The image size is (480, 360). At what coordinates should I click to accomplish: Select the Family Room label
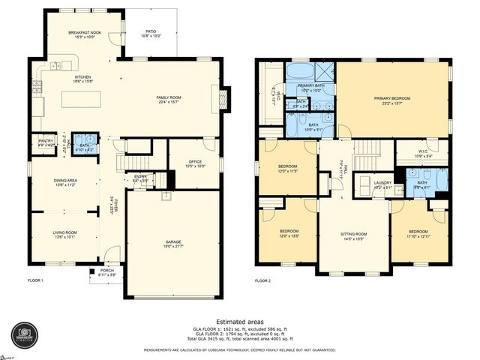click(x=169, y=99)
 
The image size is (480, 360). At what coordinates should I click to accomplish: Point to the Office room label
click(x=184, y=163)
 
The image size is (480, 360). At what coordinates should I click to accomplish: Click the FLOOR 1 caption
click(x=36, y=280)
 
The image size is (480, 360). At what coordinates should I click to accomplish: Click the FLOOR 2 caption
click(x=262, y=280)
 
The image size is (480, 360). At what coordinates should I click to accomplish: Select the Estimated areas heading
click(x=239, y=321)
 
